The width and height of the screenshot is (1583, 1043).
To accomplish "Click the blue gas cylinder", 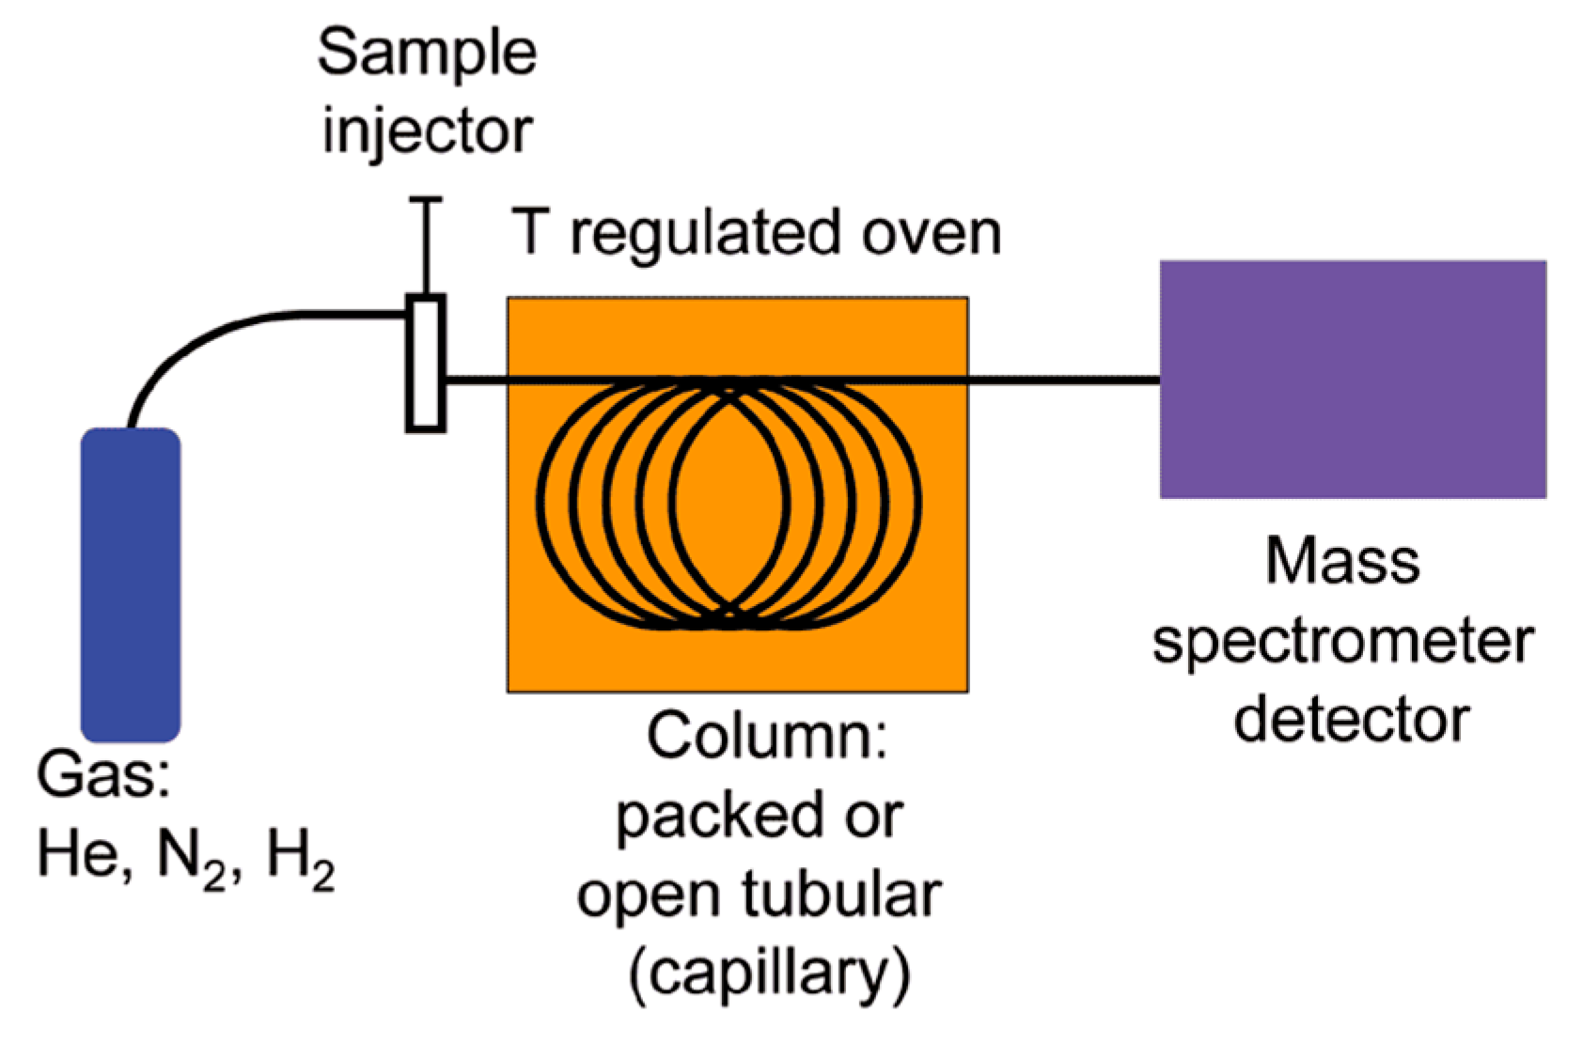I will (x=131, y=584).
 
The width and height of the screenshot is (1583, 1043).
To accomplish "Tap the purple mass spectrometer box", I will (x=1352, y=379).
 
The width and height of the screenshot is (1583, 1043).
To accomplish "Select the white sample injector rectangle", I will (x=426, y=364).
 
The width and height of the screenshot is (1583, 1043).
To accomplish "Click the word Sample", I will (x=427, y=54).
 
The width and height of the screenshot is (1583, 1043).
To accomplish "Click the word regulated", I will (x=705, y=235).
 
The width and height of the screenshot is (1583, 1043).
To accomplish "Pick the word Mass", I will (x=1342, y=561).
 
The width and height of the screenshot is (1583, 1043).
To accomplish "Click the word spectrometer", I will (x=1342, y=642).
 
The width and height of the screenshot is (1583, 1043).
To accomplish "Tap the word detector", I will (x=1351, y=720).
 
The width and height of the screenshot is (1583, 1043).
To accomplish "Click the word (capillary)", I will (x=769, y=974).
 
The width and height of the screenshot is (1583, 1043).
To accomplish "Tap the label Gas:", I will (x=103, y=775).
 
